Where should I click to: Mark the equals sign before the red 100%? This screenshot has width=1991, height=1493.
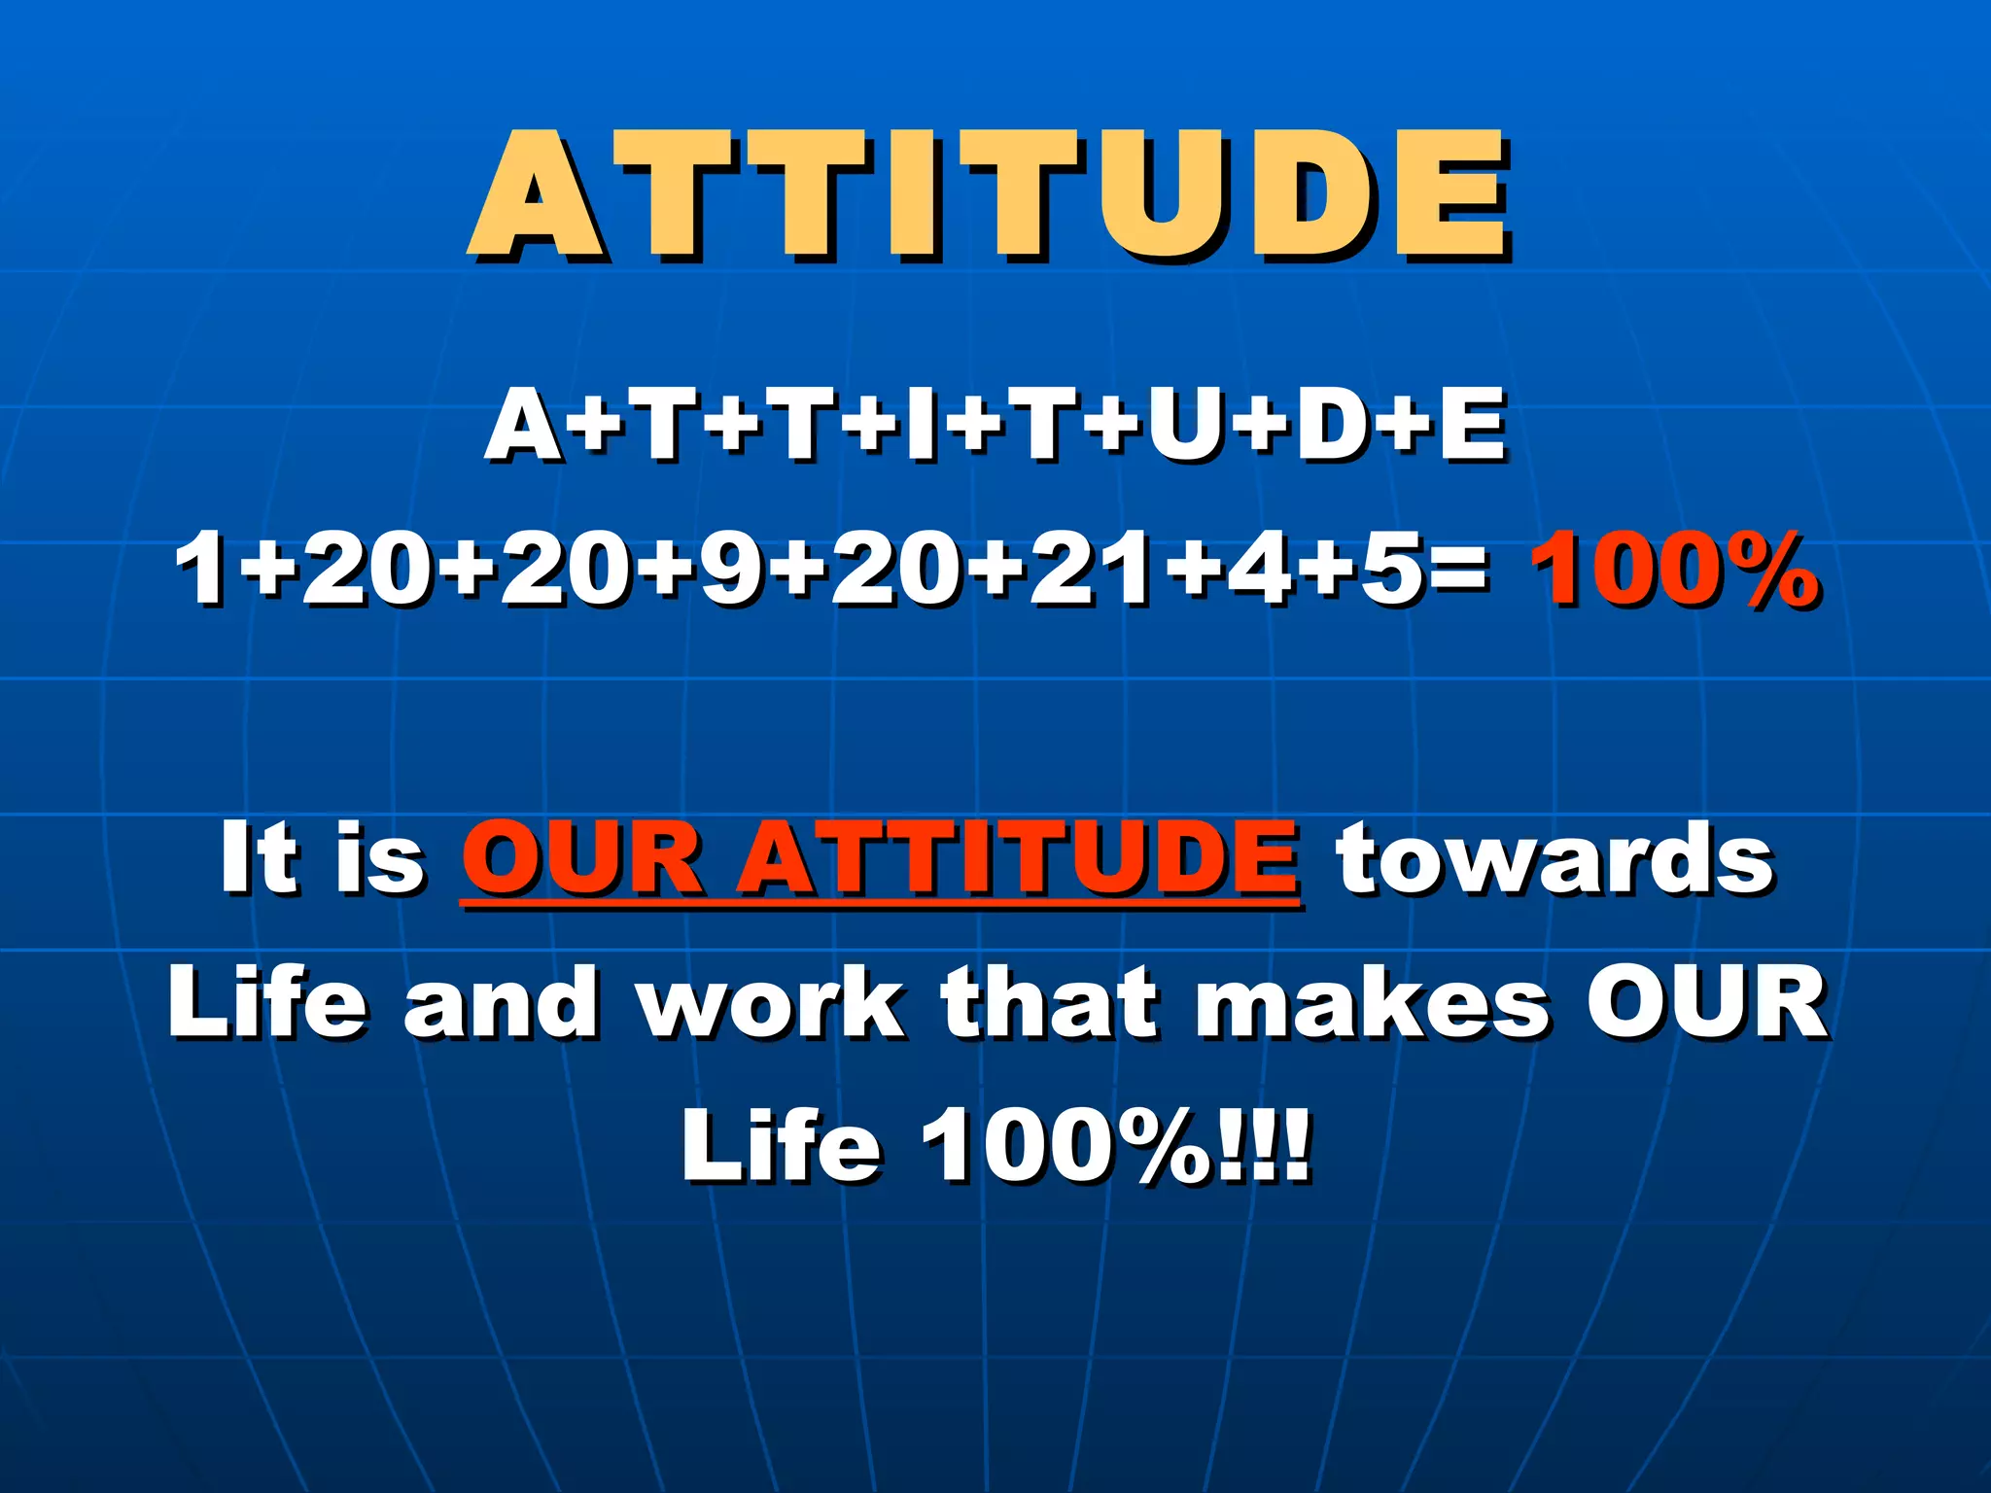tap(1459, 571)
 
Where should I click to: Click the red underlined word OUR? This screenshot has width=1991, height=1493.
tap(581, 857)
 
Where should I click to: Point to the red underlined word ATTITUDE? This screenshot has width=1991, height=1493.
tap(1018, 857)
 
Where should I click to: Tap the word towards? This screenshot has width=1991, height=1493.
tap(1554, 857)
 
